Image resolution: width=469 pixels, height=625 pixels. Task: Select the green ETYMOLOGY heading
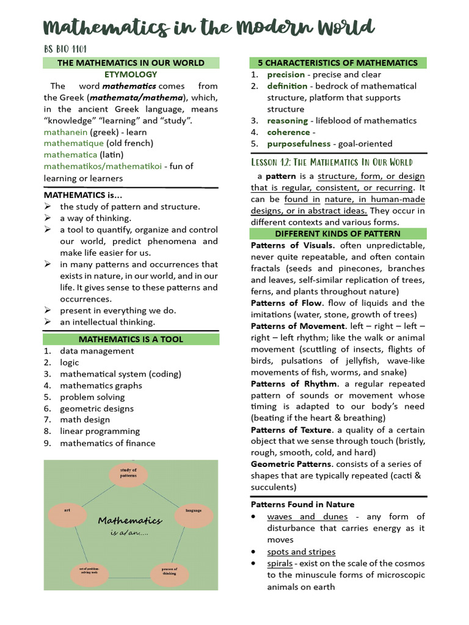[x=131, y=74]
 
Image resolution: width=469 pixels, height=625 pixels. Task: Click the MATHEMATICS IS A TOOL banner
[x=131, y=339]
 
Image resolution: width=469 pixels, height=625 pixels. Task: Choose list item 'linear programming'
[x=100, y=432]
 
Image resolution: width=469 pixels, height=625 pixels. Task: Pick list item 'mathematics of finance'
[x=107, y=443]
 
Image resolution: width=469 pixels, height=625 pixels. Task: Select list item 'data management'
[x=96, y=351]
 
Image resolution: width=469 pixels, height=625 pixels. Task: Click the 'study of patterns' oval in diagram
[x=128, y=473]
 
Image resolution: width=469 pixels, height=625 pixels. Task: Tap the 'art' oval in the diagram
[x=68, y=509]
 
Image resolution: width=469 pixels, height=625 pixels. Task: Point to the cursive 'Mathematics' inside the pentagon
[x=130, y=521]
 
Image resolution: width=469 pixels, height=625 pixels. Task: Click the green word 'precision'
[x=286, y=74]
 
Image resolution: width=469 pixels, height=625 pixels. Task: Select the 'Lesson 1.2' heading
[x=332, y=162]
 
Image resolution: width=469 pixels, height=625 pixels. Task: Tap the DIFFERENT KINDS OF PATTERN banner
[x=338, y=234]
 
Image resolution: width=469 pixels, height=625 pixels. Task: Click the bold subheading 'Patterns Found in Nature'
[x=302, y=505]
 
